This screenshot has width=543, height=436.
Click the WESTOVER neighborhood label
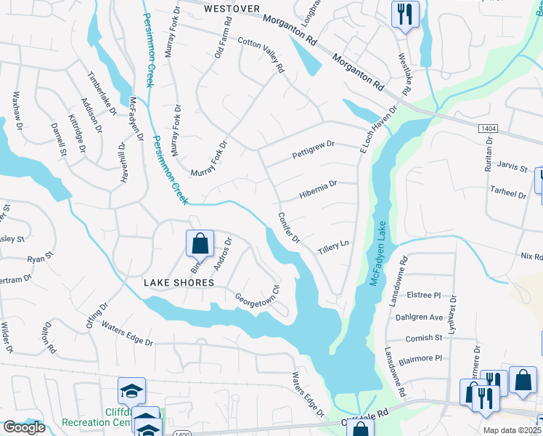point(232,9)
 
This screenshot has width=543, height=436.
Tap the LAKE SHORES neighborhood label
point(179,283)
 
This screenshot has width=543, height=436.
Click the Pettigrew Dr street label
point(313,150)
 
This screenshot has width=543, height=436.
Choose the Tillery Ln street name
point(334,248)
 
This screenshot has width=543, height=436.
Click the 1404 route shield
point(488,128)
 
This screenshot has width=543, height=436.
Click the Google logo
point(24,427)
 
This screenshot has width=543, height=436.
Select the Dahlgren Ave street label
point(419,317)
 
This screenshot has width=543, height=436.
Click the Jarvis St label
point(513,168)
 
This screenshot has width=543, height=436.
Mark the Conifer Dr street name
point(288,227)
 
